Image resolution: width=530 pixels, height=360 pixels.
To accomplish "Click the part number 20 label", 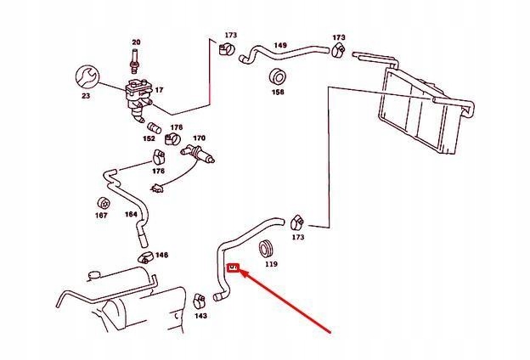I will tap(135, 42).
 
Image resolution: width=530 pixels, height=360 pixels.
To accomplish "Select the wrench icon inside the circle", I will tap(87, 77).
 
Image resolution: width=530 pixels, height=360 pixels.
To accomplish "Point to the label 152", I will tap(149, 138).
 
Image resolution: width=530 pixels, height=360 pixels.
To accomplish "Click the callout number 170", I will tap(199, 138).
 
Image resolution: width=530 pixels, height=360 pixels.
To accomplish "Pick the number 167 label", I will tap(101, 216).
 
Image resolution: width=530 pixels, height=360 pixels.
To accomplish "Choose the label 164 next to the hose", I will tap(131, 214).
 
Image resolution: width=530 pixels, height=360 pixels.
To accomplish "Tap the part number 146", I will tap(161, 255).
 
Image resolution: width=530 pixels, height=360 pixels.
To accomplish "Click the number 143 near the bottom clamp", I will tap(200, 316).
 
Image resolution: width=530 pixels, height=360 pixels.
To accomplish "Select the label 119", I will tap(271, 265).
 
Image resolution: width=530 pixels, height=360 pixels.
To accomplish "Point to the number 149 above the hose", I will tap(280, 45).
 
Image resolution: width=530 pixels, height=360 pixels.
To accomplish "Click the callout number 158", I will tap(278, 91).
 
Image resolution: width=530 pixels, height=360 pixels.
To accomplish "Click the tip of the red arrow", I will tap(239, 274).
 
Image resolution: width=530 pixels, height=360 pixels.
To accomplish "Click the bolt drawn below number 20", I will tap(135, 62).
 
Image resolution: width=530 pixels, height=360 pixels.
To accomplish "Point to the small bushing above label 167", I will tap(100, 203).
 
